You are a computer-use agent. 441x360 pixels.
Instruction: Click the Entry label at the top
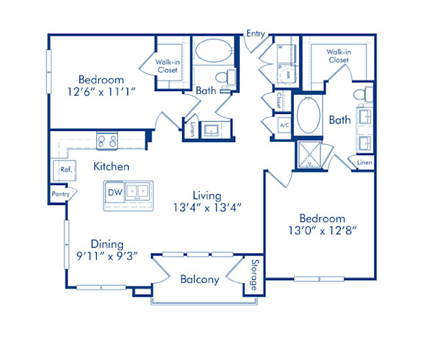256,34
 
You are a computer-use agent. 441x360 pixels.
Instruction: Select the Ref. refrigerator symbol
65,170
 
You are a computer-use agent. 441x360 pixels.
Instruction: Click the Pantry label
60,194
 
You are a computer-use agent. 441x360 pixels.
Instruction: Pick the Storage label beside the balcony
254,273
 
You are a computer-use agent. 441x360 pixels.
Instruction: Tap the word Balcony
199,279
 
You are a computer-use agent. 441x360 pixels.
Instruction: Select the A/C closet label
283,125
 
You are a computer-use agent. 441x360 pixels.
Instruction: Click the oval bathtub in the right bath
309,116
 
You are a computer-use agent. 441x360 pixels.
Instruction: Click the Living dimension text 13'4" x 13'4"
207,208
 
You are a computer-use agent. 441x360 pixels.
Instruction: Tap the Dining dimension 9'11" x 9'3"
107,257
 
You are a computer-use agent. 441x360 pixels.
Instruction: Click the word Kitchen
111,167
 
